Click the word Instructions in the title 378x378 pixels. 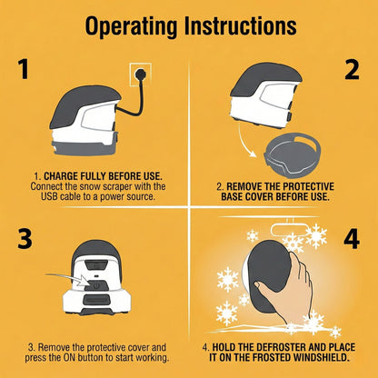[x=240, y=25]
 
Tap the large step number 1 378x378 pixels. [x=23, y=69]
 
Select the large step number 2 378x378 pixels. [x=352, y=70]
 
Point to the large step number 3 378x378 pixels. [x=25, y=239]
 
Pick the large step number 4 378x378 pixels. [x=352, y=239]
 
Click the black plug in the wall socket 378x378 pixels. [x=140, y=75]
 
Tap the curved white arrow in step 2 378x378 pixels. [x=244, y=140]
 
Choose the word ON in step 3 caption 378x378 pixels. [x=69, y=357]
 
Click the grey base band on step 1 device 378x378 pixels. [x=85, y=148]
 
